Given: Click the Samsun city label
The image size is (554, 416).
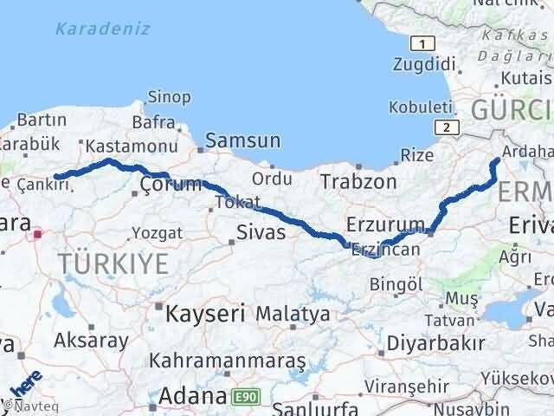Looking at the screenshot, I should pyautogui.click(x=244, y=140).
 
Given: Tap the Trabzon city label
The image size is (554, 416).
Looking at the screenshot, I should pyautogui.click(x=358, y=181).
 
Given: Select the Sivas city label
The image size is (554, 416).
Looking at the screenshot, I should pyautogui.click(x=261, y=231).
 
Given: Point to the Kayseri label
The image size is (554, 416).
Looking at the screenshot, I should pyautogui.click(x=206, y=311).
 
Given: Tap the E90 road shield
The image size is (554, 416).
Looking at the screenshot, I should pyautogui.click(x=244, y=397).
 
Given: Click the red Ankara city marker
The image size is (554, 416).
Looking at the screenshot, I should pyautogui.click(x=37, y=233).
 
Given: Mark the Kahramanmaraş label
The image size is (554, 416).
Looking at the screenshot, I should pyautogui.click(x=228, y=359).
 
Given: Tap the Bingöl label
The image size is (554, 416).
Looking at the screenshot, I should pyautogui.click(x=396, y=283).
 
